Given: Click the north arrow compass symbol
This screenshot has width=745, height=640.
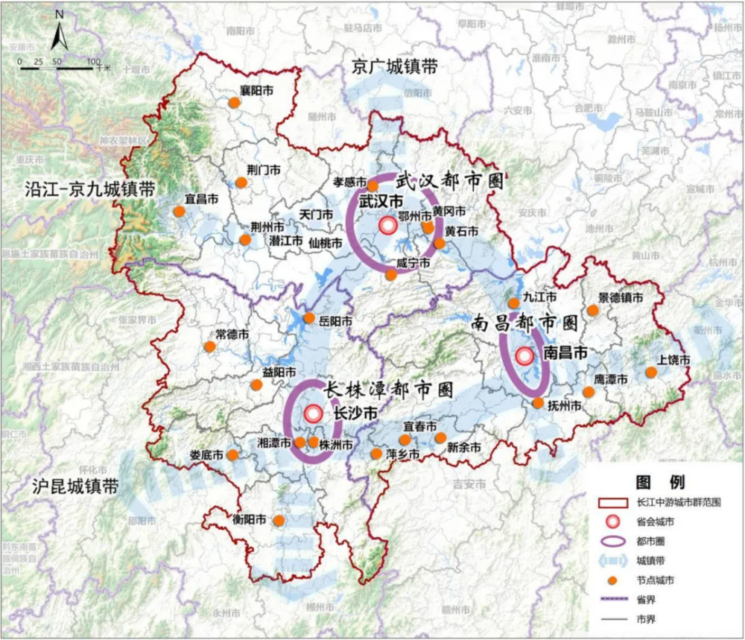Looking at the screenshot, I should coord(60,34).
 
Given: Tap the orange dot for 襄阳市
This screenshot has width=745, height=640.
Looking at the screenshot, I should coord(232,104).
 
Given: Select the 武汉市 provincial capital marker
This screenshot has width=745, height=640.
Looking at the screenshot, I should coord(387,225).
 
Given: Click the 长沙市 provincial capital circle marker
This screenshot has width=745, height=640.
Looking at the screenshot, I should coord(314,413).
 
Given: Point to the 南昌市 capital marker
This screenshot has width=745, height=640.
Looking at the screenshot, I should coord(524,356).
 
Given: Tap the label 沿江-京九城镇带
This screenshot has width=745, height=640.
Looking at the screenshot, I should coord(80,189).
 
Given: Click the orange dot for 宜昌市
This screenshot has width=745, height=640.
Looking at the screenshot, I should coord(179,212).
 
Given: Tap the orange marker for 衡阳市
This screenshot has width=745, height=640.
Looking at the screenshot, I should coord(279,520).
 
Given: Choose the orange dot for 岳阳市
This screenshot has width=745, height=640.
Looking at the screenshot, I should coord(309,318).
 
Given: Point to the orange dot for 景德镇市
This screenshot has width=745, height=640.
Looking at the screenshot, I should coord(593,310).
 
